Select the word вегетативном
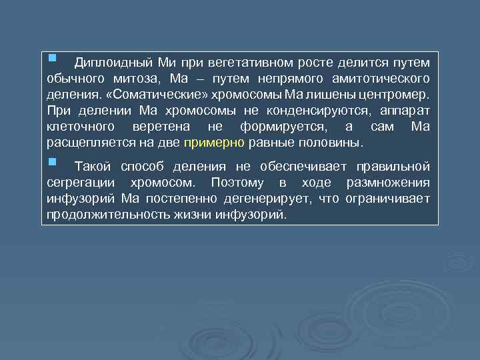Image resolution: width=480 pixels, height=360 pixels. (239, 63)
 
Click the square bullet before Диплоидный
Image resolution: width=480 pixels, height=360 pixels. (53, 60)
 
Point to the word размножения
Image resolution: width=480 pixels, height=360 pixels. (389, 183)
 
